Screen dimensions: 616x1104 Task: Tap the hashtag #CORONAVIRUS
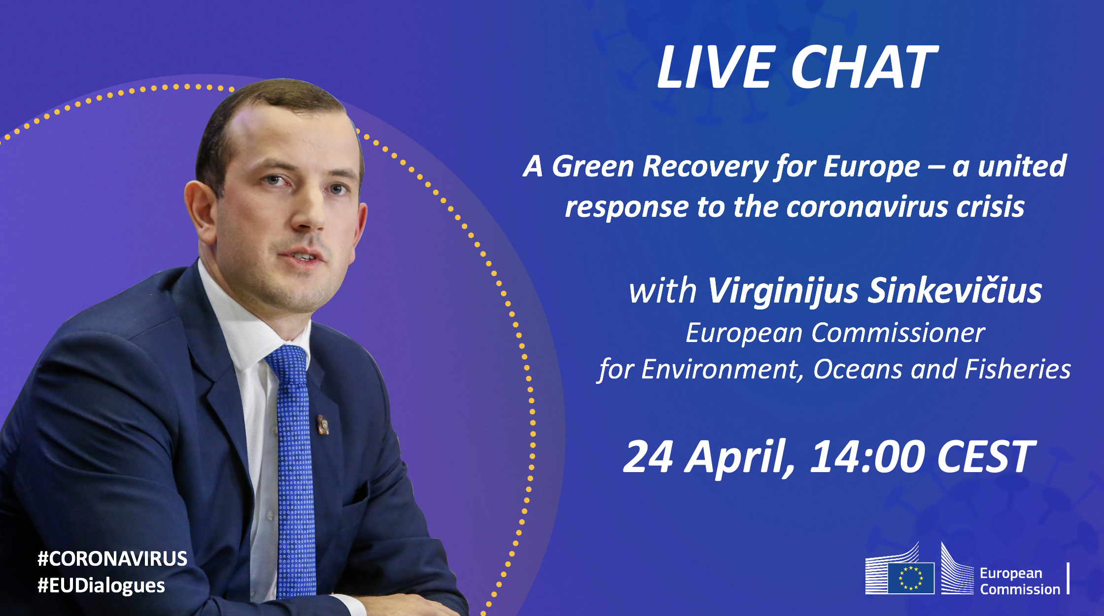[112, 558]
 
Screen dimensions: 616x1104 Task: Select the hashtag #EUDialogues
[101, 585]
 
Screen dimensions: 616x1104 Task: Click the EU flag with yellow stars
[911, 578]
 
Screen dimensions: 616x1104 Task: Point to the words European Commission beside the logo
[1019, 581]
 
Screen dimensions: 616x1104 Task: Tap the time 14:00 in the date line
[867, 457]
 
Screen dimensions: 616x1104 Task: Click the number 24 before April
[648, 457]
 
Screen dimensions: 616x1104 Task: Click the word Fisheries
[1017, 369]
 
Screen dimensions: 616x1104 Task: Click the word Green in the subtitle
[592, 167]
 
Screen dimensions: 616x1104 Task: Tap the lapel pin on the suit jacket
[322, 425]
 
